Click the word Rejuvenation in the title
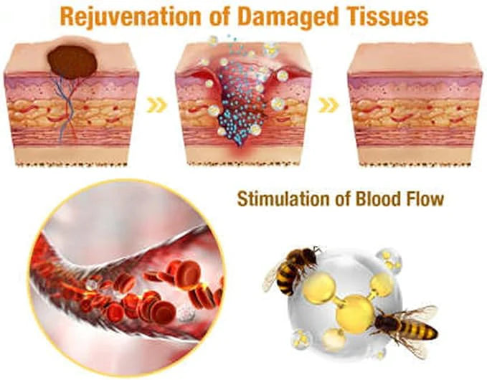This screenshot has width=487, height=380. click(131, 16)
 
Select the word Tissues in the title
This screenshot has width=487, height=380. click(387, 16)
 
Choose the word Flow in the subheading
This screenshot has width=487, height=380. click(425, 199)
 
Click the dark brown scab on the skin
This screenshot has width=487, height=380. click(72, 62)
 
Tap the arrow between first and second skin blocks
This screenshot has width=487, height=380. click(157, 105)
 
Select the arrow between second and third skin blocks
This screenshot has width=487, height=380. click(328, 105)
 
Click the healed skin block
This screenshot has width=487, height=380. click(415, 104)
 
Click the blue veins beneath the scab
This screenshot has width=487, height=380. click(67, 107)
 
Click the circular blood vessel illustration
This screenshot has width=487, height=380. click(128, 278)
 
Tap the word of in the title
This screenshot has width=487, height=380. click(219, 16)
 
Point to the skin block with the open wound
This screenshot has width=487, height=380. click(243, 103)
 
